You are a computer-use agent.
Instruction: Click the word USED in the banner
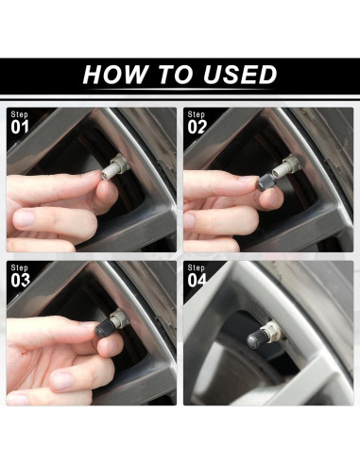[x=240, y=75]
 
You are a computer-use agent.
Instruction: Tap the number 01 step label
[x=20, y=128]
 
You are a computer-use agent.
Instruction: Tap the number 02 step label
[x=197, y=128]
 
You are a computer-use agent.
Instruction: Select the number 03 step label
[x=21, y=281]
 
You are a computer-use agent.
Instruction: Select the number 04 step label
[x=197, y=281]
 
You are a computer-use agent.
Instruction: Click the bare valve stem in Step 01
[x=114, y=166]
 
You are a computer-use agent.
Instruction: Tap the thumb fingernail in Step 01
[x=23, y=218]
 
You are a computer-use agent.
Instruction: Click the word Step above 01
[x=20, y=114]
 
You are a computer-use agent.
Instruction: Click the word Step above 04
[x=197, y=267]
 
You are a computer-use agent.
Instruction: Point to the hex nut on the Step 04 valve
[x=273, y=329]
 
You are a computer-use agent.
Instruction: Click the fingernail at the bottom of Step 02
[x=189, y=220]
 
